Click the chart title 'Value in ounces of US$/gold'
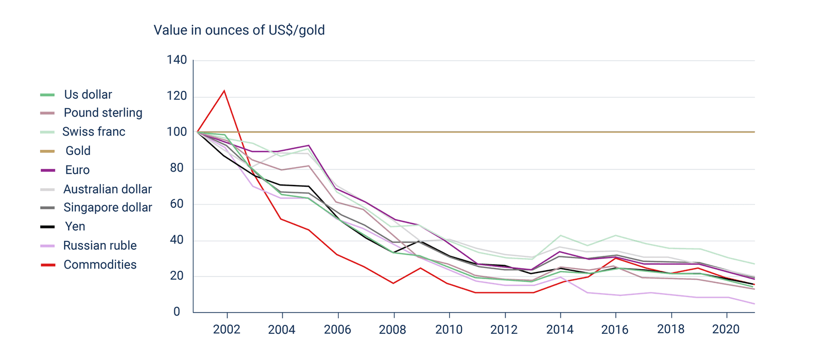point(239,30)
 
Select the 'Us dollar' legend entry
point(87,95)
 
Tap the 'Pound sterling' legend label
point(103,113)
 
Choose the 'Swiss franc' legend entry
point(94,132)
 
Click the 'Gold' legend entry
point(77,151)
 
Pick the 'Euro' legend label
point(77,170)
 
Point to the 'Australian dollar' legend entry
point(108,189)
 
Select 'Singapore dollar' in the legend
point(108,208)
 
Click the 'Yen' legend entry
point(75,227)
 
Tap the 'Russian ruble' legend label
point(100,246)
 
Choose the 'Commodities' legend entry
point(100,265)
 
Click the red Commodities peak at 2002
point(224,90)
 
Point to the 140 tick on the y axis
point(177,60)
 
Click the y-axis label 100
point(177,132)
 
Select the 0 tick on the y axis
point(177,312)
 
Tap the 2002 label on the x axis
point(226,329)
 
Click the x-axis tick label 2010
point(449,329)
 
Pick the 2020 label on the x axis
point(726,329)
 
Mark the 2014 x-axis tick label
point(559,329)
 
